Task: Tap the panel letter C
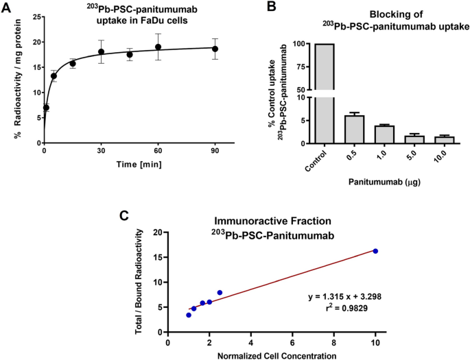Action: tap(125, 216)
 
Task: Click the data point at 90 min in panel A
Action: tap(215, 49)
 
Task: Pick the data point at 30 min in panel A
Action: tap(101, 52)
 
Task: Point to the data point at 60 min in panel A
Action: tap(158, 47)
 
